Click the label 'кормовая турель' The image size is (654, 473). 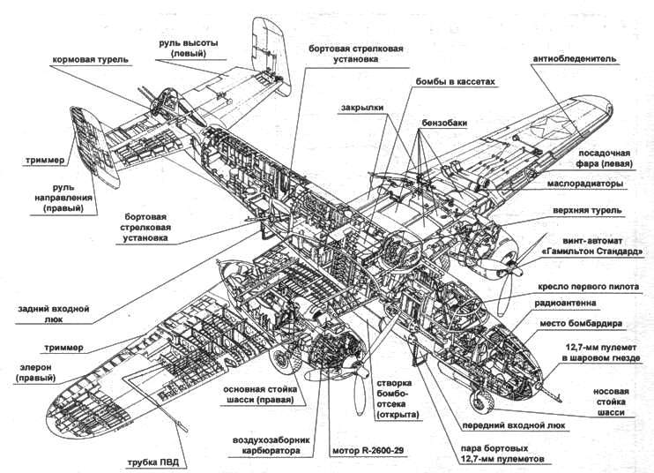(x=91, y=60)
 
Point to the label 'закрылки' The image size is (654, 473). (x=362, y=109)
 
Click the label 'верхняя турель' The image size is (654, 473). (x=592, y=211)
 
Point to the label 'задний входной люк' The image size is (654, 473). (x=53, y=315)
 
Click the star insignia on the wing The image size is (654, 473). (x=561, y=123)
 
